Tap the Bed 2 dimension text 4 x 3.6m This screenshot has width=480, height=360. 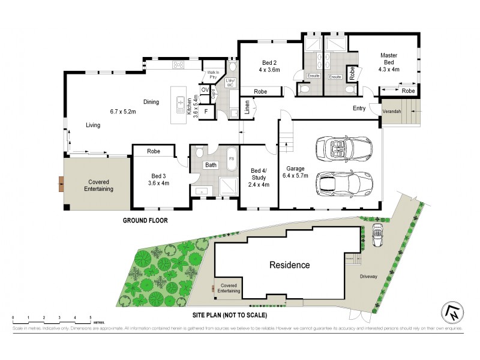pyautogui.click(x=269, y=70)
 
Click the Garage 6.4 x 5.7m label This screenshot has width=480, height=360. pyautogui.click(x=297, y=172)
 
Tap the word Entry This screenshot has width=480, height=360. pyautogui.click(x=359, y=109)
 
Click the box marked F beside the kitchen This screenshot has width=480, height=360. pyautogui.click(x=206, y=112)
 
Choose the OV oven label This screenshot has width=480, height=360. pyautogui.click(x=205, y=90)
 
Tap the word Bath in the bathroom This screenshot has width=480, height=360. pyautogui.click(x=211, y=165)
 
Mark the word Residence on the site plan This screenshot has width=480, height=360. pyautogui.click(x=289, y=265)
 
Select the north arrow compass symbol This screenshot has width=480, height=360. pyautogui.click(x=451, y=309)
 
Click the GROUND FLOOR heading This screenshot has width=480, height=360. pyautogui.click(x=145, y=220)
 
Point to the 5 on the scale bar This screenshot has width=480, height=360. pyautogui.click(x=90, y=316)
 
